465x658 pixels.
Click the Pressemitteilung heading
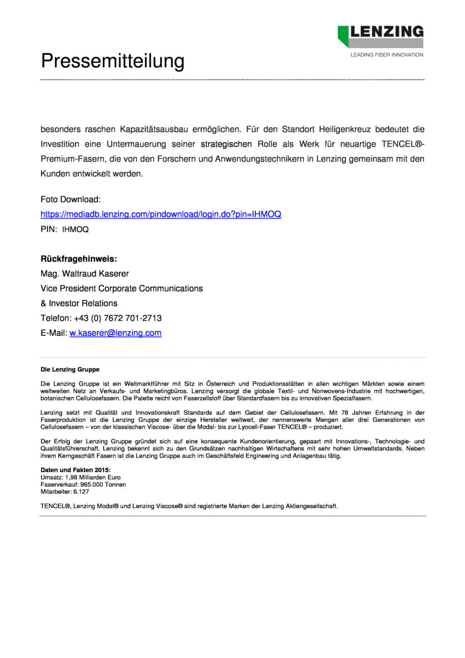click(112, 61)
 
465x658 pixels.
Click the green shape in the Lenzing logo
click(343, 35)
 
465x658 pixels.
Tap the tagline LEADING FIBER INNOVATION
click(386, 55)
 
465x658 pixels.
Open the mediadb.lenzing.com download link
click(160, 214)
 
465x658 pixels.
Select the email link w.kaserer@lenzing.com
click(115, 333)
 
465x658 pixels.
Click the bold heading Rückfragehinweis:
click(79, 259)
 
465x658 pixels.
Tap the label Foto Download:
click(70, 199)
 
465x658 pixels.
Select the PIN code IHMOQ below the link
click(75, 229)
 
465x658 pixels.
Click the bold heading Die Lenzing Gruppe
click(70, 369)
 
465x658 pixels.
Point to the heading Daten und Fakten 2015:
click(75, 470)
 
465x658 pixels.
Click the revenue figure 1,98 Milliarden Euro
click(93, 477)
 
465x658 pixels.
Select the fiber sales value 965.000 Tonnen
click(103, 484)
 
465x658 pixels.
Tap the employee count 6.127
click(81, 492)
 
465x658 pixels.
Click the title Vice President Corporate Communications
click(122, 288)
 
